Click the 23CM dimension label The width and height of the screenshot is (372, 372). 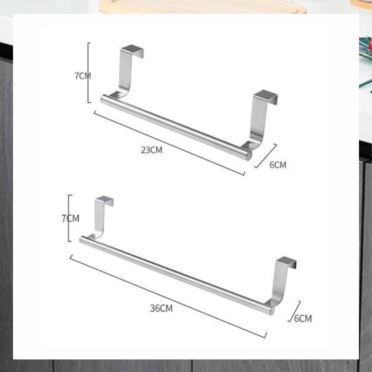click(x=152, y=150)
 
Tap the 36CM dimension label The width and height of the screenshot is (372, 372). click(x=161, y=308)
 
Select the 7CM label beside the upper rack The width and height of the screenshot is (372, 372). click(x=83, y=76)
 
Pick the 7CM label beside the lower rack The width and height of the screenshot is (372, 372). click(x=71, y=218)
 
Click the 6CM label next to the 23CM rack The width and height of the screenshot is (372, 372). click(x=278, y=165)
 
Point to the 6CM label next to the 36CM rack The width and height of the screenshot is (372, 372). click(x=303, y=319)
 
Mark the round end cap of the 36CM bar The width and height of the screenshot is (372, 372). click(x=272, y=311)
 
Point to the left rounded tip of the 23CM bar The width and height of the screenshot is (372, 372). click(x=102, y=99)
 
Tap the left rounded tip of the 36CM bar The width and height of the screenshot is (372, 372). click(x=81, y=239)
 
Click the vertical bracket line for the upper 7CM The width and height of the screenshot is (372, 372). click(x=88, y=73)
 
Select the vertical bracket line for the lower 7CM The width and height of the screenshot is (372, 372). click(x=69, y=218)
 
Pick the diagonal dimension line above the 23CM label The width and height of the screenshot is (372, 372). click(x=169, y=143)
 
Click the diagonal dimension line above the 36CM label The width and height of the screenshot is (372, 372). click(x=168, y=296)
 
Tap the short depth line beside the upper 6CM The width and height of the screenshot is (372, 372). click(x=266, y=156)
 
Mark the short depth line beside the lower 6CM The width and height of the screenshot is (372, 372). click(x=294, y=311)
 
